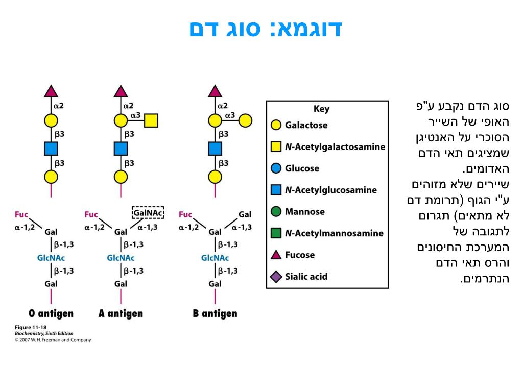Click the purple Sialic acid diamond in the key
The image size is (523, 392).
pyautogui.click(x=276, y=277)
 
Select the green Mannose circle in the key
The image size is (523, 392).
pyautogui.click(x=276, y=211)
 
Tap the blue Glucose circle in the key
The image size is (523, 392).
pyautogui.click(x=276, y=168)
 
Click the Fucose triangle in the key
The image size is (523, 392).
pyautogui.click(x=276, y=255)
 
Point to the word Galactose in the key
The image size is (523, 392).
pyautogui.click(x=306, y=125)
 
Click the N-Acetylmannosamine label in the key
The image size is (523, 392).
pyautogui.click(x=334, y=233)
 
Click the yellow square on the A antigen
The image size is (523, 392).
pyautogui.click(x=151, y=121)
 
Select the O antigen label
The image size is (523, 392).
pyautogui.click(x=51, y=313)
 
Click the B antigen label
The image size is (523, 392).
pyautogui.click(x=215, y=313)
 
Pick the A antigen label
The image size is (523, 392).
pyautogui.click(x=121, y=313)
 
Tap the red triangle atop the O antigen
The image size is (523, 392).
pyautogui.click(x=51, y=91)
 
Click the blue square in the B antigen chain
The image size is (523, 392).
pyautogui.click(x=215, y=149)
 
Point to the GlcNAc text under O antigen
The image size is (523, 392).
pyautogui.click(x=51, y=258)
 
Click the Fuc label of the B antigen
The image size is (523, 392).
pyautogui.click(x=186, y=214)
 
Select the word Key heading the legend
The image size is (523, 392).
pyautogui.click(x=321, y=109)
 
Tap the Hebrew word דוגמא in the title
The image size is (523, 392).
pyautogui.click(x=310, y=29)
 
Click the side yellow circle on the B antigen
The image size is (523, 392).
pyautogui.click(x=246, y=121)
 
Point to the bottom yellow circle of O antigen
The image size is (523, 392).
pyautogui.click(x=51, y=177)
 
